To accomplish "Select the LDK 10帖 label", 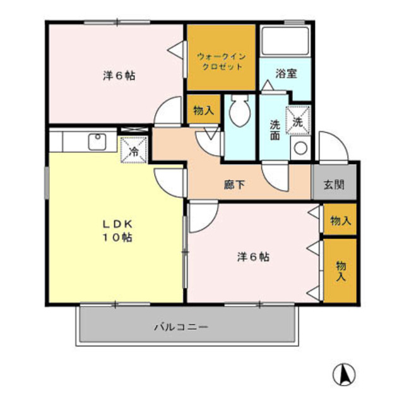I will (x=117, y=230).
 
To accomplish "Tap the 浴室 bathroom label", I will (x=285, y=73).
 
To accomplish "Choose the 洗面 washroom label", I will (x=275, y=129).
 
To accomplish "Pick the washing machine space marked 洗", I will (x=297, y=122).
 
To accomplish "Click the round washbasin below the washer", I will (x=300, y=148).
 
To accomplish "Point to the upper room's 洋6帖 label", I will (x=119, y=75).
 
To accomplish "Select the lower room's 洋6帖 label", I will (x=254, y=256).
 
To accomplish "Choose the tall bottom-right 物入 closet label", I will (x=341, y=270).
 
